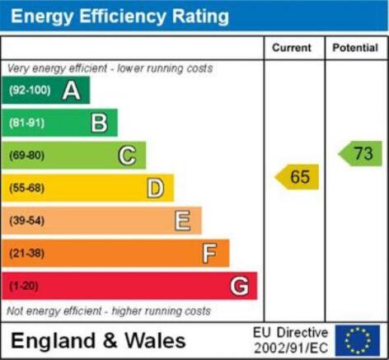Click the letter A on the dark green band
[x=72, y=90]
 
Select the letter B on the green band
[x=99, y=123]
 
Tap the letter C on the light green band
[x=127, y=156]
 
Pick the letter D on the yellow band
[x=156, y=188]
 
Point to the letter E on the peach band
[x=182, y=221]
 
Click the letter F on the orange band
[x=209, y=253]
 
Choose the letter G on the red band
[x=240, y=286]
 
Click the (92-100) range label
[x=30, y=90]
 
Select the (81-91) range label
[x=26, y=123]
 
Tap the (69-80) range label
[x=26, y=156]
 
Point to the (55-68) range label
[x=26, y=188]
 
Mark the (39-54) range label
[x=26, y=221]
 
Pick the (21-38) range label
[x=26, y=253]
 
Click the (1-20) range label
[x=24, y=286]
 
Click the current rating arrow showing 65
[x=297, y=177]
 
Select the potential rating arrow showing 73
[x=360, y=153]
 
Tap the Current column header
[x=292, y=48]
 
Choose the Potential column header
[x=355, y=48]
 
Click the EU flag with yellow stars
[x=358, y=340]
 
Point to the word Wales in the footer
[x=156, y=340]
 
